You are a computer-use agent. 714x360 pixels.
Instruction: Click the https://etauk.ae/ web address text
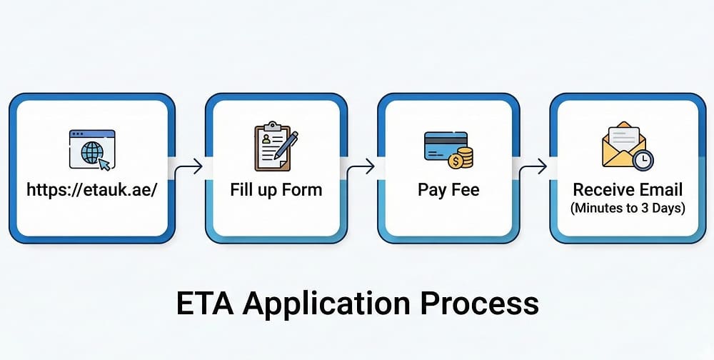[92, 189]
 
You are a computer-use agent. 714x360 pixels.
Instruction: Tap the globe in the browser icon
[90, 152]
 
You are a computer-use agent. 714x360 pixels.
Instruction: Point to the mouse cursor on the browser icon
[104, 164]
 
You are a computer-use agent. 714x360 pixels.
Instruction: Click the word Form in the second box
[302, 189]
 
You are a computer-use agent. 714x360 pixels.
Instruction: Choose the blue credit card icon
[446, 146]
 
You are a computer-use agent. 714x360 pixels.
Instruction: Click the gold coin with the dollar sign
[455, 161]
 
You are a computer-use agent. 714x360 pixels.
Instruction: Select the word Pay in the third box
[431, 190]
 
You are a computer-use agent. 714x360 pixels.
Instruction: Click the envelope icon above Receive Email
[624, 144]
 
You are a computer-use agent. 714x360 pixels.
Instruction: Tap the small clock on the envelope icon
[643, 161]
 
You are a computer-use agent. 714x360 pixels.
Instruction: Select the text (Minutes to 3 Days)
[627, 209]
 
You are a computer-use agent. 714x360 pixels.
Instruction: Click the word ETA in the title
[205, 303]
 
